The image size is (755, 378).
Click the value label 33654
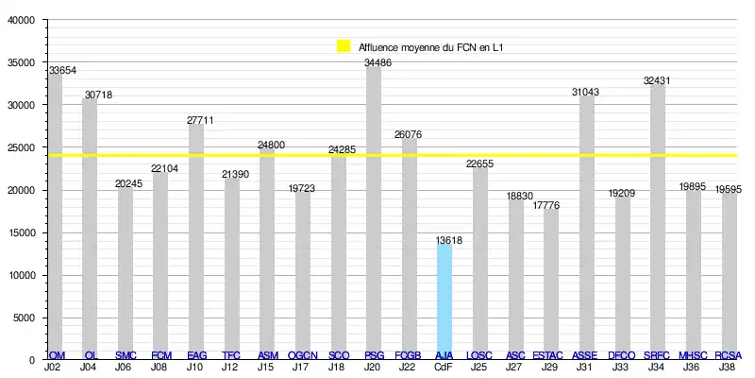pyautogui.click(x=63, y=71)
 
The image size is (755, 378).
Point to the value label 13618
pyautogui.click(x=449, y=241)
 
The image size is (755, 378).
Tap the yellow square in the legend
pyautogui.click(x=344, y=45)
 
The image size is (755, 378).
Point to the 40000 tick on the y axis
pyautogui.click(x=21, y=21)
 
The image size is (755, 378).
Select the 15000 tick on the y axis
pyautogui.click(x=21, y=232)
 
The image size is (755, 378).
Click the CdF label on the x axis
pyautogui.click(x=444, y=366)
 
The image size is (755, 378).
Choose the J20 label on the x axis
pyautogui.click(x=373, y=366)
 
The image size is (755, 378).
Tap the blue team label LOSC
pyautogui.click(x=479, y=355)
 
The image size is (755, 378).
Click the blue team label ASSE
pyautogui.click(x=585, y=355)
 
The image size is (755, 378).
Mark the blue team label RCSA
pyautogui.click(x=728, y=355)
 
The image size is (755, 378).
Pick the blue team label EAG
pyautogui.click(x=197, y=355)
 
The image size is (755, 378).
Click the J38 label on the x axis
pyautogui.click(x=727, y=366)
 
